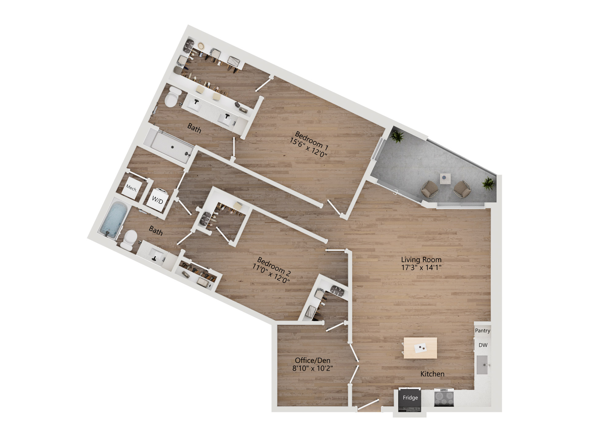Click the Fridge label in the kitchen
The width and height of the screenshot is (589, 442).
(x=410, y=397)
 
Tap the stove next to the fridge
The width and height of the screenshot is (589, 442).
(x=444, y=397)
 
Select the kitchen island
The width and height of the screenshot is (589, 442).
(x=420, y=348)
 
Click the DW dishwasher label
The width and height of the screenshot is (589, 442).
(x=483, y=345)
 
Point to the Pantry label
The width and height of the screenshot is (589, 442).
(x=483, y=331)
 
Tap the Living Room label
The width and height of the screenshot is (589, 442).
(x=421, y=260)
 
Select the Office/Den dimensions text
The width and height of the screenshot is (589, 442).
(x=313, y=368)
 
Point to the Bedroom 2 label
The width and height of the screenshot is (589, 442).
(x=274, y=266)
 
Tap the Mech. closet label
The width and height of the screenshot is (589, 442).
(x=132, y=188)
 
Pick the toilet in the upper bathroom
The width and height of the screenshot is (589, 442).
(x=172, y=97)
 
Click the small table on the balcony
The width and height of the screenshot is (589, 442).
(x=445, y=179)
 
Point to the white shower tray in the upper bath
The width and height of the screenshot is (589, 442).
(x=171, y=146)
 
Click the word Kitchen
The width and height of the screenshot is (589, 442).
(x=432, y=374)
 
